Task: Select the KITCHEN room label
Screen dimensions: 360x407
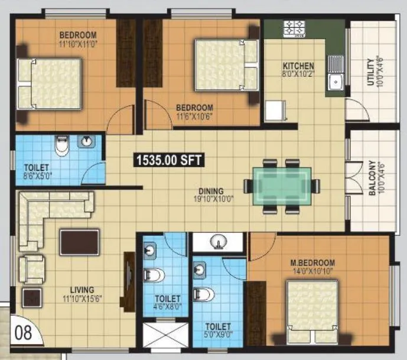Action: pos(298,66)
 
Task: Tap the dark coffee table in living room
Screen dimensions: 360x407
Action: pos(79,242)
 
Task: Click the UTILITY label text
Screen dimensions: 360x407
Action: pos(370,72)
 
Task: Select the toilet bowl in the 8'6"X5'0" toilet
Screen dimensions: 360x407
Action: pos(61,144)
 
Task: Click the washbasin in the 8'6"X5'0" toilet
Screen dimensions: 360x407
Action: pos(87,141)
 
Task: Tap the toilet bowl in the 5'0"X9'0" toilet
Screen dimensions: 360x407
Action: pos(203,293)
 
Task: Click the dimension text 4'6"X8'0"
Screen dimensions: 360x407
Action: pos(167,307)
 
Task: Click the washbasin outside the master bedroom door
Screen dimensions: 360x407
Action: pos(217,242)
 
